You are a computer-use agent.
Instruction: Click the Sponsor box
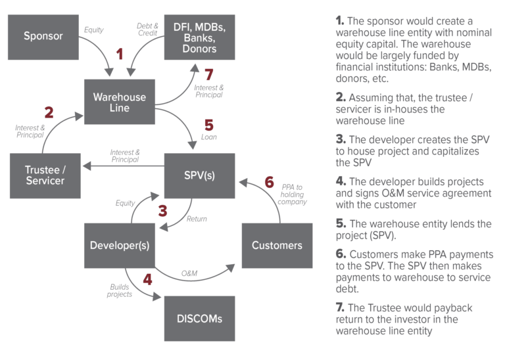point(43,37)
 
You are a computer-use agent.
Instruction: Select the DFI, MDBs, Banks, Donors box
point(200,37)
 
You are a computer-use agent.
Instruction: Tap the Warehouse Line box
point(120,102)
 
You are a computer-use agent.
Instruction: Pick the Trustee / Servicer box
point(45,175)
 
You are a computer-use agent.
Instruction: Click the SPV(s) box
point(199,175)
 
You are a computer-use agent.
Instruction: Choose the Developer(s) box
point(120,246)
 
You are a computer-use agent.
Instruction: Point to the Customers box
point(277,246)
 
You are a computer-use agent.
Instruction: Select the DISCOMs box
point(199,319)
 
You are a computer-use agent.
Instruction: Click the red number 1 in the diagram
point(119,54)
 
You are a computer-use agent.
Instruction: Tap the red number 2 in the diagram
point(49,112)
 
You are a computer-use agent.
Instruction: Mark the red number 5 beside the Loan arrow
point(209,124)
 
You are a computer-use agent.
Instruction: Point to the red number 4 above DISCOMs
point(147,279)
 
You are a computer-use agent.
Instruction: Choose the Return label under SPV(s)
point(197,219)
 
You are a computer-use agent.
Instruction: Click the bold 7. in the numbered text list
point(340,308)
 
